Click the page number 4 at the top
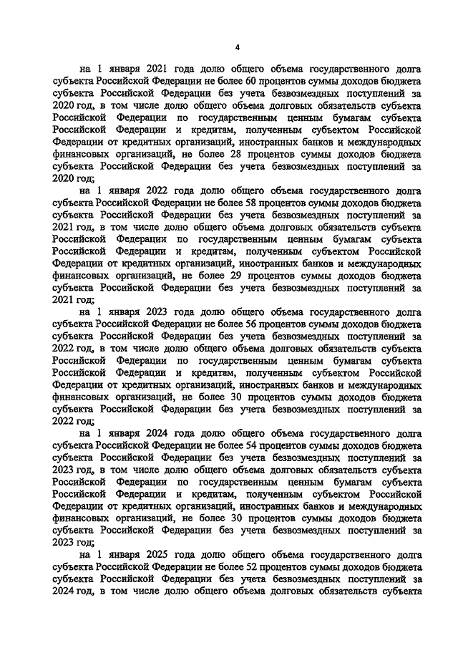tap(237, 47)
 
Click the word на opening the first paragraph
tap(84, 70)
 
